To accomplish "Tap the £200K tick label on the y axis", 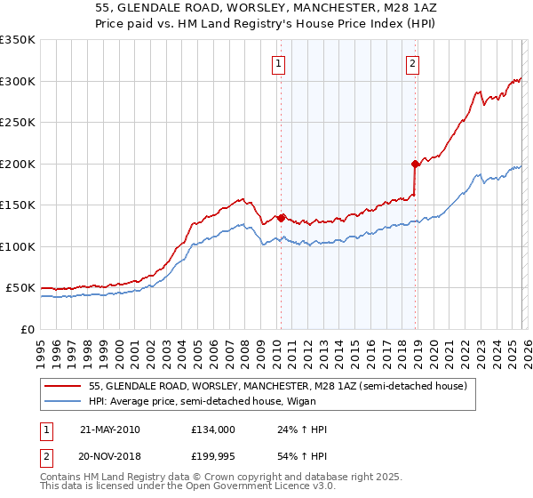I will point(18,164).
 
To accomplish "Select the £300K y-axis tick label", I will point(18,81).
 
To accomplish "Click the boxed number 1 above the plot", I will point(280,63).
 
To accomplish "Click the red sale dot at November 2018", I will point(415,164).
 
